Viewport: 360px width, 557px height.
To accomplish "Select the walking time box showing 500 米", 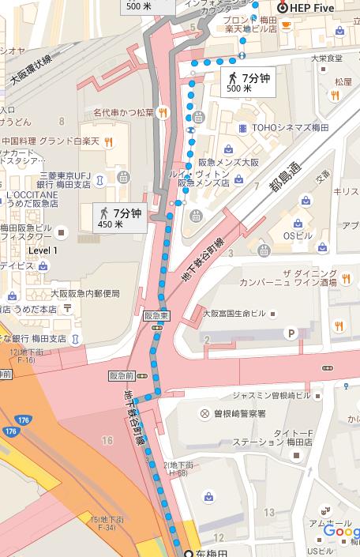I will [x=248, y=81].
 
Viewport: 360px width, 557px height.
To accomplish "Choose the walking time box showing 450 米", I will [x=118, y=217].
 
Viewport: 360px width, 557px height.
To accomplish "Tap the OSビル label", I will [x=301, y=236].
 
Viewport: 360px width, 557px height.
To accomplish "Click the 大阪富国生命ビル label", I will [x=234, y=313].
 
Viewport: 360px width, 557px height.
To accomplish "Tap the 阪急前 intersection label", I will [x=122, y=375].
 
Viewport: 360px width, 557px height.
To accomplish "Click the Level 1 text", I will [x=43, y=250].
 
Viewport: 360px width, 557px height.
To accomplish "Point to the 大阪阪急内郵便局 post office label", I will [x=85, y=293].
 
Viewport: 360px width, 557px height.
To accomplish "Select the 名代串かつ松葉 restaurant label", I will [x=123, y=112].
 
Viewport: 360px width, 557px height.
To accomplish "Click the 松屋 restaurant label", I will [x=343, y=81].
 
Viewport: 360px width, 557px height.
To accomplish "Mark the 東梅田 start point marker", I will [x=189, y=551].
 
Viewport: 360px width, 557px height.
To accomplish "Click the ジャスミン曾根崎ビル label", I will [x=272, y=395].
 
